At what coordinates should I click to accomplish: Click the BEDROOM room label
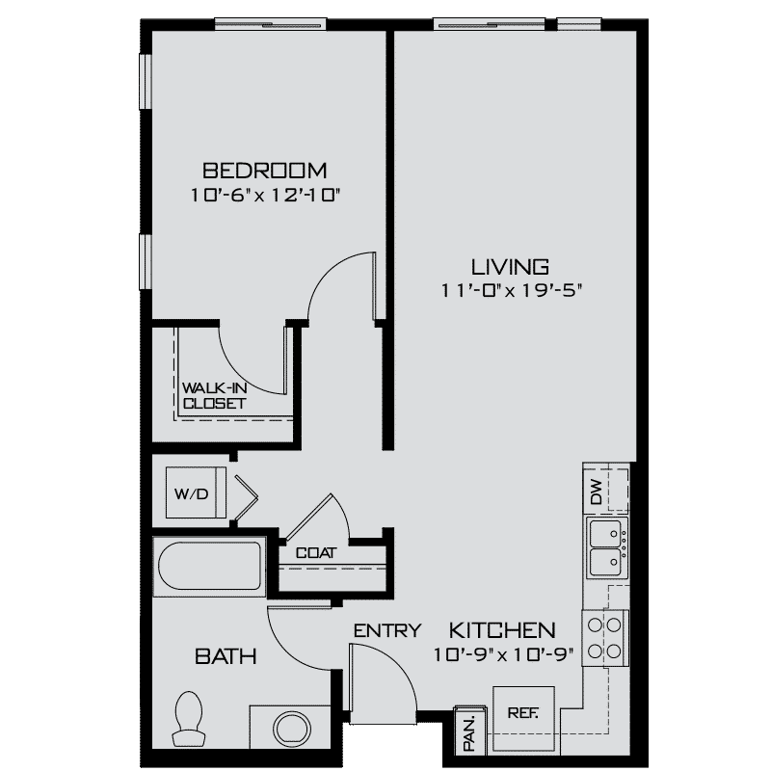coord(264,171)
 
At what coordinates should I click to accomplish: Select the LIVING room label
coord(510,266)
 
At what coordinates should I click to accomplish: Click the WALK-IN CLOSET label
coord(213,396)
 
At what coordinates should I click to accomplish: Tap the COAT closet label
coord(315,553)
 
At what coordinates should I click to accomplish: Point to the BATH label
coord(226,657)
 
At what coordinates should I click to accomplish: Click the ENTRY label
coord(386,630)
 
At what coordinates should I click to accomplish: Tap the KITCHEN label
coord(502,630)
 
